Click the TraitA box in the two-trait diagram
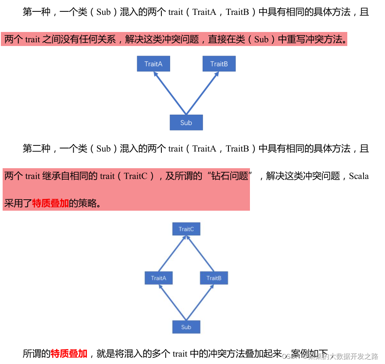pos(153,64)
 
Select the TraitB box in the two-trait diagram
pos(219,64)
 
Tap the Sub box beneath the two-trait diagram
pos(186,123)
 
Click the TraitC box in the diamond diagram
pos(186,229)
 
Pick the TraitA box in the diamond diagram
pos(158,278)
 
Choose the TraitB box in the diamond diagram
pos(214,278)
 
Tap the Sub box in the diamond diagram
pos(186,327)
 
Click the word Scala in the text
pos(359,177)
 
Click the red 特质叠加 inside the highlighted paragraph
pos(50,204)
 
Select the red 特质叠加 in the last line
pos(69,353)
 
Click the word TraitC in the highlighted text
pos(136,177)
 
